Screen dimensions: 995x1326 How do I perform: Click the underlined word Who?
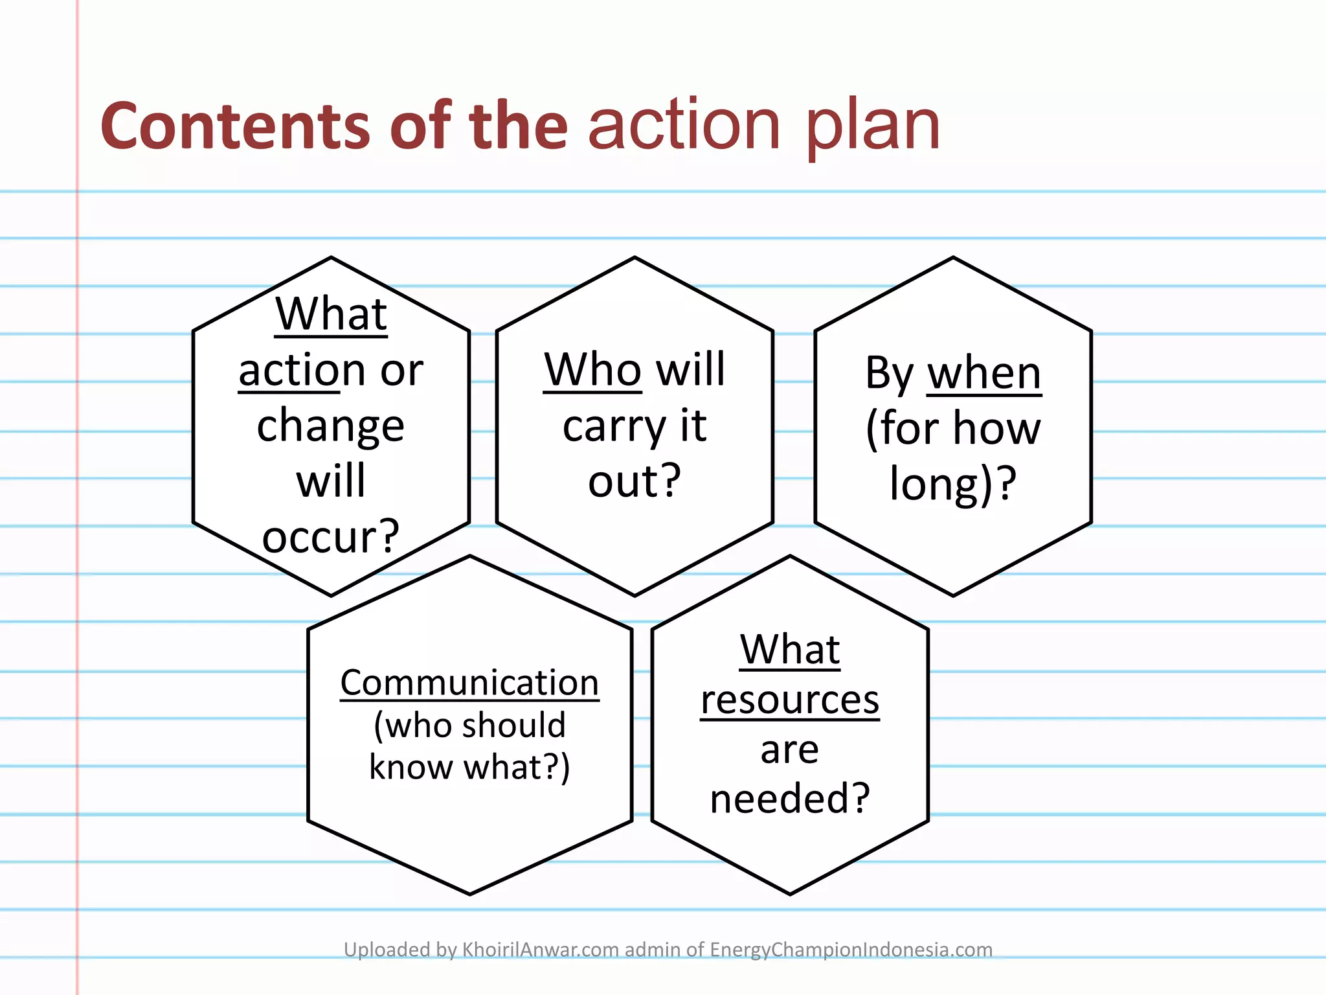tap(592, 370)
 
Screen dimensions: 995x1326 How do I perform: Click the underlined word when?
tap(984, 374)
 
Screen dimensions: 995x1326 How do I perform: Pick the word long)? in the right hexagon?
tap(952, 485)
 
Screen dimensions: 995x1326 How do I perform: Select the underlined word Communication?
tap(469, 683)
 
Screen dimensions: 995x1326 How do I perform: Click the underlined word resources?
tap(790, 700)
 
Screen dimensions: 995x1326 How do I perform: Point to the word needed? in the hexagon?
tap(790, 798)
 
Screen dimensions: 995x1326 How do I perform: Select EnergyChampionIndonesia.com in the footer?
tap(851, 950)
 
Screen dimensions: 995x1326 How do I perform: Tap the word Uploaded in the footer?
tap(385, 950)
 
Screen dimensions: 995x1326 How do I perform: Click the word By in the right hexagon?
tap(890, 374)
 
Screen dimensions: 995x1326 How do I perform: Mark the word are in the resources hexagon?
tap(790, 750)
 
